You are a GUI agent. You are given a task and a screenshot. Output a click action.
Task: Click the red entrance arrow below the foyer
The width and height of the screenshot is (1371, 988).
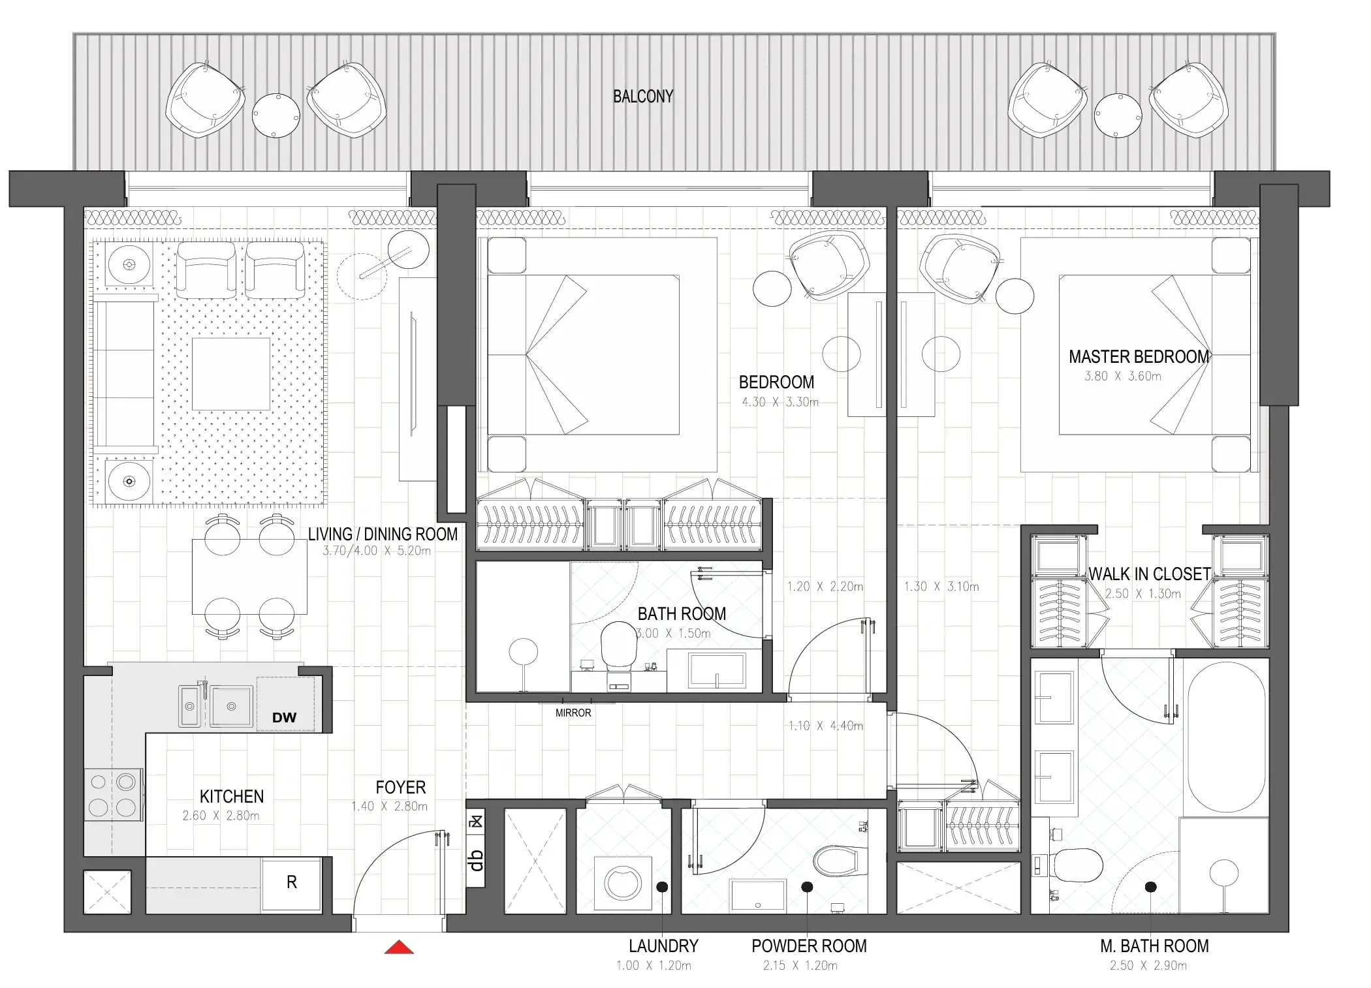tap(399, 948)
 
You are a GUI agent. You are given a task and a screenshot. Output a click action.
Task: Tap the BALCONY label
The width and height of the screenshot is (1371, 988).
tap(642, 97)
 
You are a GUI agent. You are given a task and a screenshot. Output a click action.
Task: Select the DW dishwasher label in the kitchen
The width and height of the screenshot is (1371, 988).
tap(284, 717)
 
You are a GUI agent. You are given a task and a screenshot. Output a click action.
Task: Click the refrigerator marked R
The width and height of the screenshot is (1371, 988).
tap(292, 883)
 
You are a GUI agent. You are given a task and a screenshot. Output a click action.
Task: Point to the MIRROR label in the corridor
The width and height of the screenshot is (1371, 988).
tap(573, 713)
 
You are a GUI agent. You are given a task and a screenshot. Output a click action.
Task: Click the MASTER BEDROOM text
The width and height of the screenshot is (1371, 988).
tap(1139, 357)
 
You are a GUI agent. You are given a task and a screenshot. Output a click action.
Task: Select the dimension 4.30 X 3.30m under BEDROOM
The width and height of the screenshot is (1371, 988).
tap(780, 402)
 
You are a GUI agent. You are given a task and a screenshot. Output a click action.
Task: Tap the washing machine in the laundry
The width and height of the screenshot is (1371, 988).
tap(623, 884)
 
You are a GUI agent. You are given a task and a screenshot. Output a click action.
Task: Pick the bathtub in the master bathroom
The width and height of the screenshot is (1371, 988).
tap(1227, 737)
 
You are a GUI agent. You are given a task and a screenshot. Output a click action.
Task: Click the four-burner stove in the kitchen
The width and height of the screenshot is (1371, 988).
tap(113, 795)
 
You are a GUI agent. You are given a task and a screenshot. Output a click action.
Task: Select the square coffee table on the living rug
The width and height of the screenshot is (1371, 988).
tap(231, 374)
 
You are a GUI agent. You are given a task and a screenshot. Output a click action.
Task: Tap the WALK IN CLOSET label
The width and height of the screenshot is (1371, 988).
tap(1149, 574)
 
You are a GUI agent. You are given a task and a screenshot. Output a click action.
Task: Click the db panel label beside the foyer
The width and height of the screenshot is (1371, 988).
tap(476, 860)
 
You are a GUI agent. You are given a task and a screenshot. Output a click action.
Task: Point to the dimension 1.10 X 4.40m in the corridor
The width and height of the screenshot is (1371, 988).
tap(825, 726)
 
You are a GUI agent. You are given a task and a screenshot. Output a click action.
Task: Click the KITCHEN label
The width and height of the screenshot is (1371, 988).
tap(232, 797)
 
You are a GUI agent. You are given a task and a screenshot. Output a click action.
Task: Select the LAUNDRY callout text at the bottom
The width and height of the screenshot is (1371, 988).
tap(663, 946)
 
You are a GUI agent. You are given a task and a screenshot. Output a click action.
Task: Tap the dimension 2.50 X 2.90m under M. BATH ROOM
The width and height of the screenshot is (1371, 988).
tap(1148, 965)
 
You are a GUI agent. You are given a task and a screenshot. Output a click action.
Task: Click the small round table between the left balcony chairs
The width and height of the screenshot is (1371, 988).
tap(276, 116)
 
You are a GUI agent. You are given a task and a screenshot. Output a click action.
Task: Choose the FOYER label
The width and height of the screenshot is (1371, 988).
tap(400, 788)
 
